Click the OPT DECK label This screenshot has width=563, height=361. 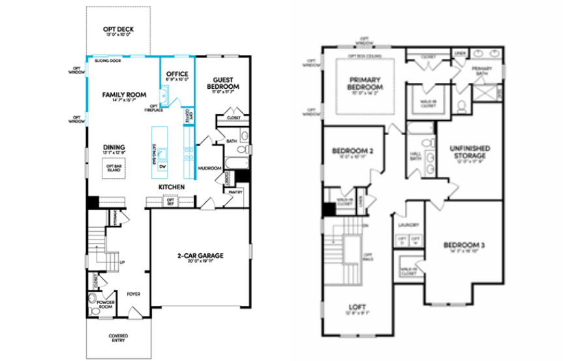click(117, 29)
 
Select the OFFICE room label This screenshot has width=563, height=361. click(177, 74)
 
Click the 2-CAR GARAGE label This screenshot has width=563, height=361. click(200, 255)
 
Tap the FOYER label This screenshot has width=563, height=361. click(134, 294)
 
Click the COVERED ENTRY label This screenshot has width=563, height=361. click(118, 337)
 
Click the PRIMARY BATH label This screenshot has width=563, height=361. click(482, 71)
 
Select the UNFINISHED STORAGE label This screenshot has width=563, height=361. click(470, 151)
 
